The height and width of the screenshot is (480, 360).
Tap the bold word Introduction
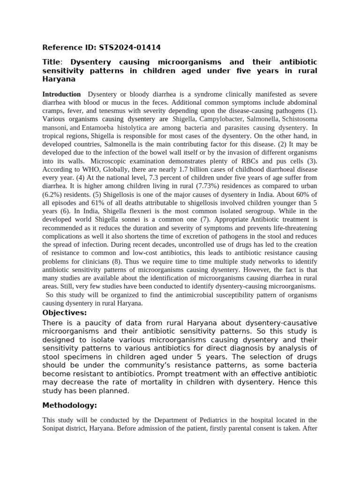pyautogui.click(x=61, y=94)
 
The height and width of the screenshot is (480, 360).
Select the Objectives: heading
pyautogui.click(x=65, y=313)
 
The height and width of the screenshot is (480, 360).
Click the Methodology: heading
pyautogui.click(x=70, y=405)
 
